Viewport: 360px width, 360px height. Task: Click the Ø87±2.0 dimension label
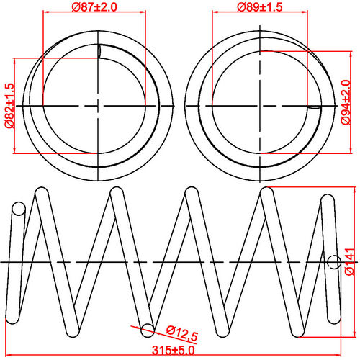point(94,6)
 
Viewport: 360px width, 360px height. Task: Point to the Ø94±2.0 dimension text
point(346,102)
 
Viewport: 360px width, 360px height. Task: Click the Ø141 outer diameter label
point(349,262)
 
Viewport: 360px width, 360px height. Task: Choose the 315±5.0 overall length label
point(173,351)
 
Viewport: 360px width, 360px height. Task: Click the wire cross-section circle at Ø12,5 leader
point(148,330)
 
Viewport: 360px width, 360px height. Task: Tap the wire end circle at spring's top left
point(18,210)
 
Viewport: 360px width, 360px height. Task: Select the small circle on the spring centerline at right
point(334,262)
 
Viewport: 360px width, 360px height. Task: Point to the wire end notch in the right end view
point(315,107)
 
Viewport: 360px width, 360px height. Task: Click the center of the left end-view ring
point(97,105)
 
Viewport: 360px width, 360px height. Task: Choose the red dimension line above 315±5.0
point(173,344)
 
